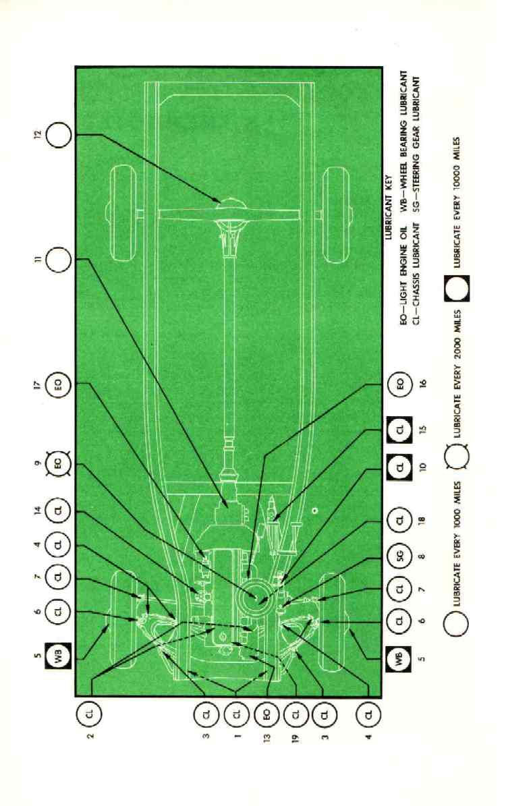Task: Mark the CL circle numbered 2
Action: click(x=90, y=712)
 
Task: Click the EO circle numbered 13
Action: click(x=268, y=712)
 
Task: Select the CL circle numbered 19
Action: click(x=296, y=712)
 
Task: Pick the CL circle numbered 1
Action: click(x=237, y=712)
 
